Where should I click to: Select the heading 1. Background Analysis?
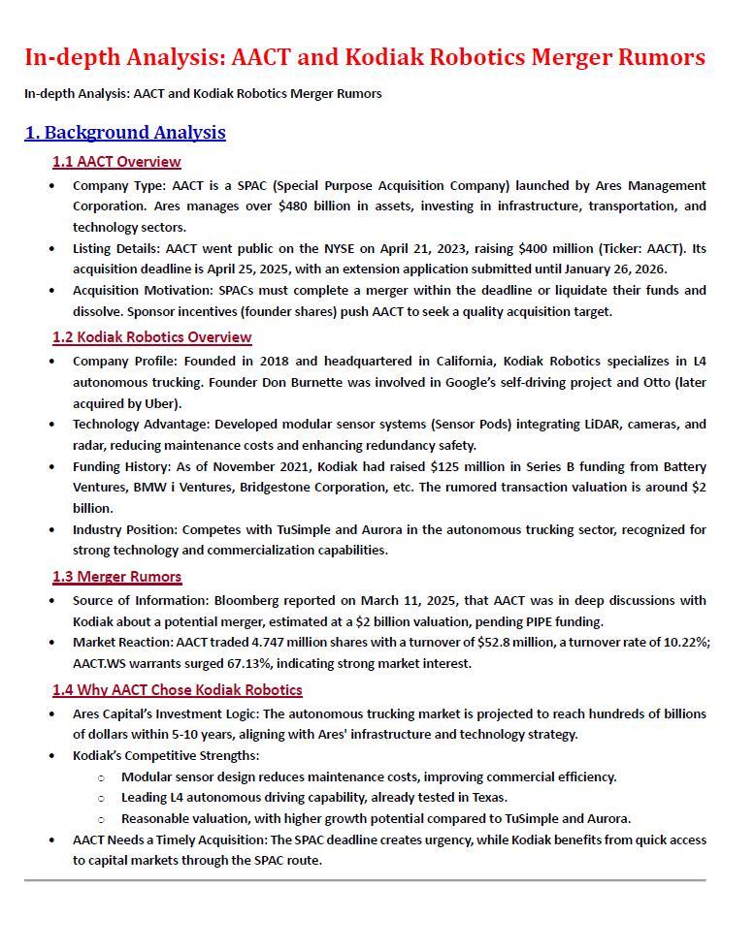[125, 133]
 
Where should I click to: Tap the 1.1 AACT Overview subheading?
[116, 162]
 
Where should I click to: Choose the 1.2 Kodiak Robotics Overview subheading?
[151, 337]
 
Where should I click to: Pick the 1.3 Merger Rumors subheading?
[116, 577]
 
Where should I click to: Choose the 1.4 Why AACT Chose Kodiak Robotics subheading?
[177, 690]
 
